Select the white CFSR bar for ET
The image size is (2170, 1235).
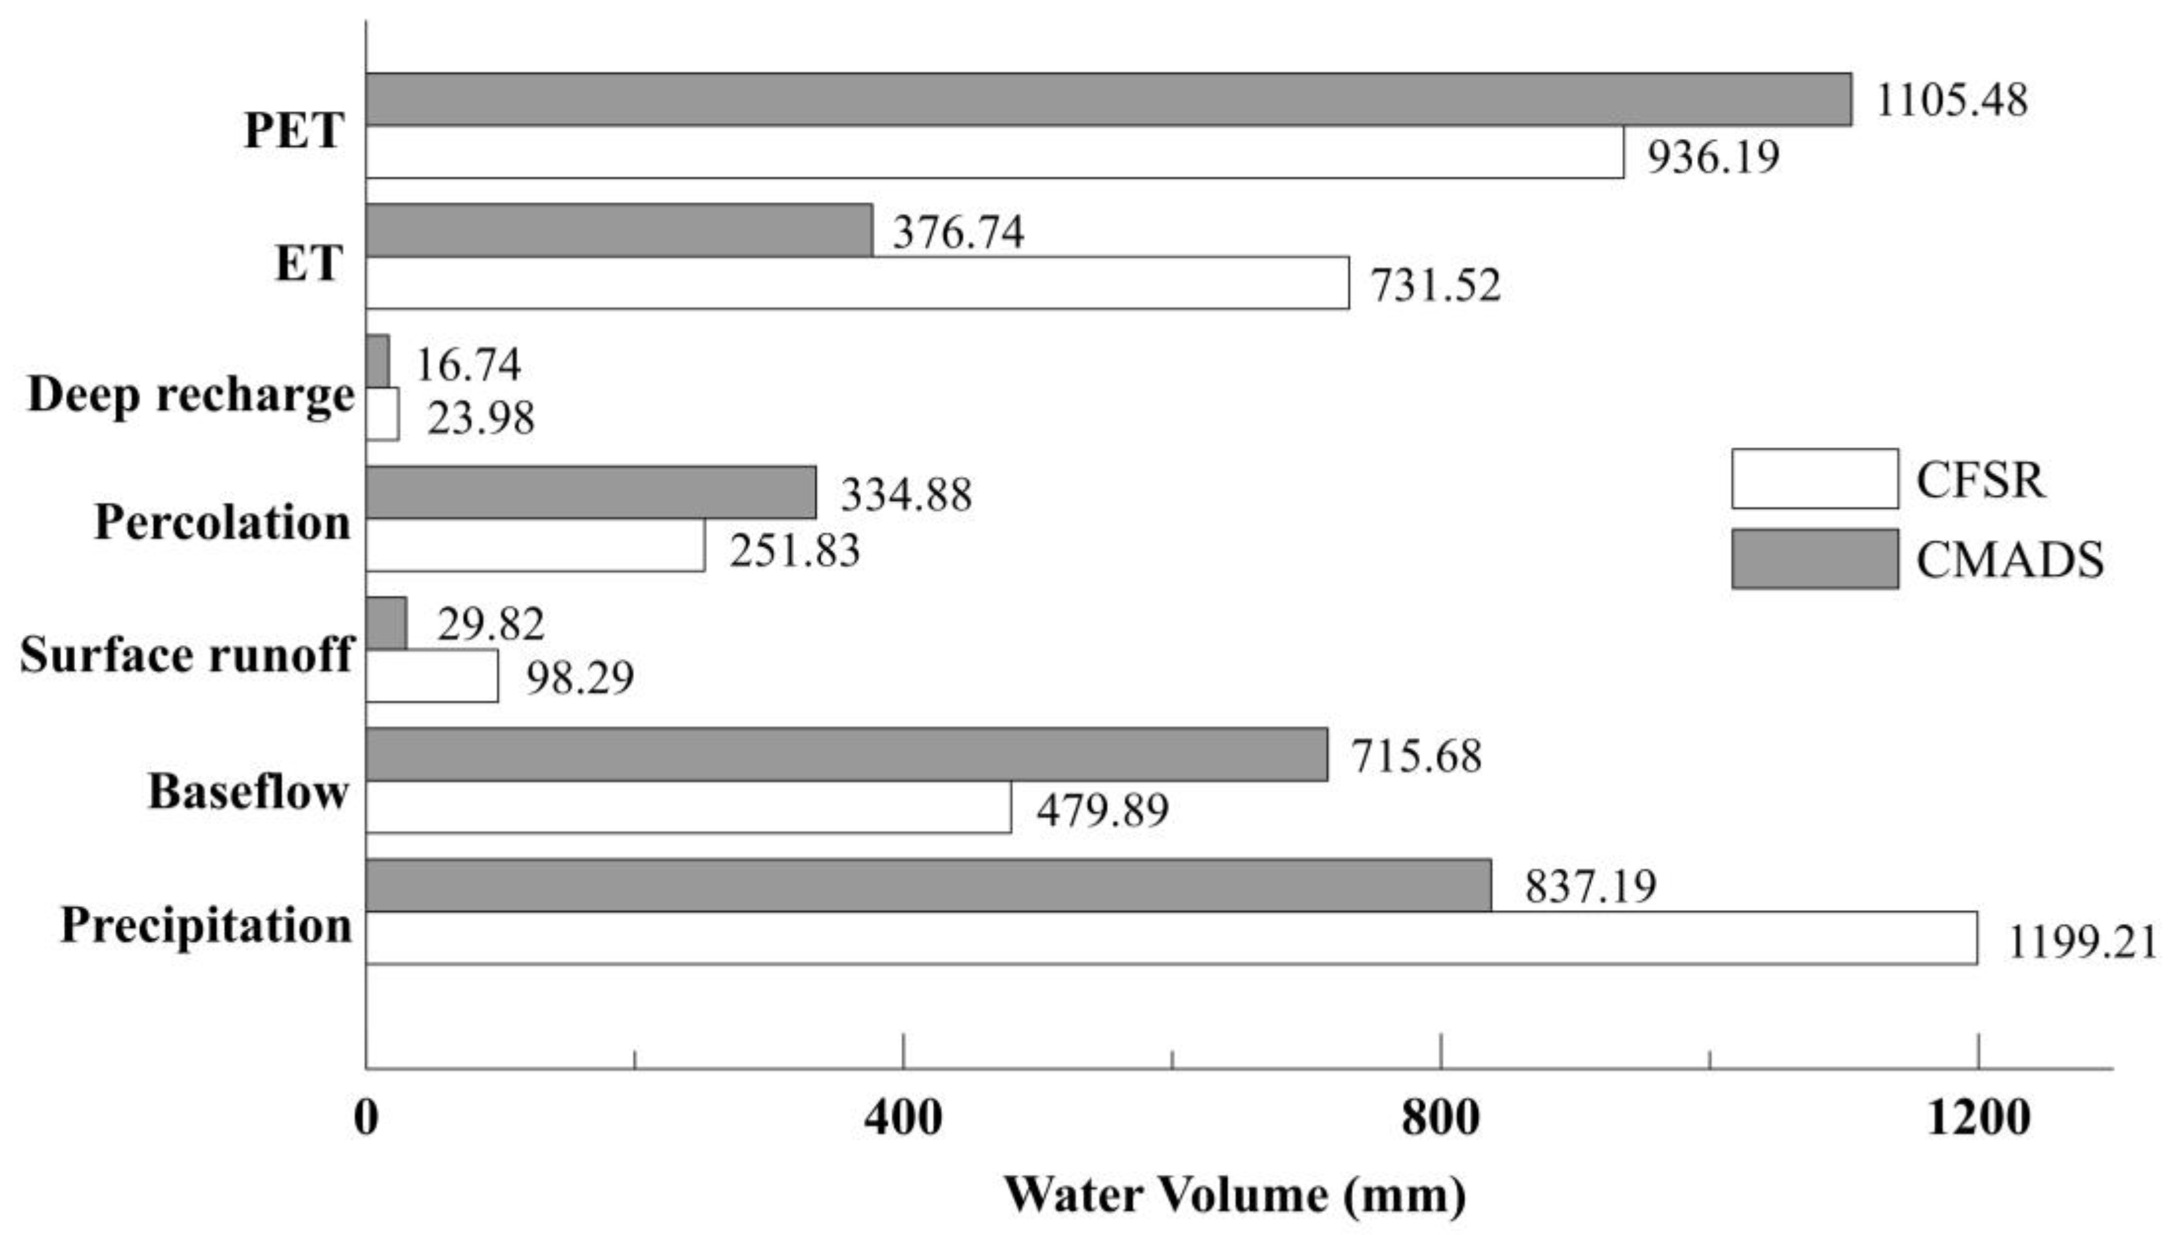856,282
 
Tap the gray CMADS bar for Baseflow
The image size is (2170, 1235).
847,754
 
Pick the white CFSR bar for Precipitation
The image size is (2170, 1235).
1170,938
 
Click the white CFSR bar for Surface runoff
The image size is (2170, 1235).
432,676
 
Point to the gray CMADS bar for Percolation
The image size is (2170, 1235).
591,492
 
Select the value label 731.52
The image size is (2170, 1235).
1437,285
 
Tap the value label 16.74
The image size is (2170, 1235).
468,365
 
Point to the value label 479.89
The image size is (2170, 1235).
1102,810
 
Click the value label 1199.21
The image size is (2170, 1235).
2082,942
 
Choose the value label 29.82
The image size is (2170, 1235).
491,625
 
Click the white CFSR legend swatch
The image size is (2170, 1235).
1815,478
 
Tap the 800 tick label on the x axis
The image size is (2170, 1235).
1440,1118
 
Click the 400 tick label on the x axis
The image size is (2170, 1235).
903,1118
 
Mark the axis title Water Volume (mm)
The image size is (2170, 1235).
1235,1194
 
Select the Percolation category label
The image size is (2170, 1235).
222,522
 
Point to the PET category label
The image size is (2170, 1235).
293,131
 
